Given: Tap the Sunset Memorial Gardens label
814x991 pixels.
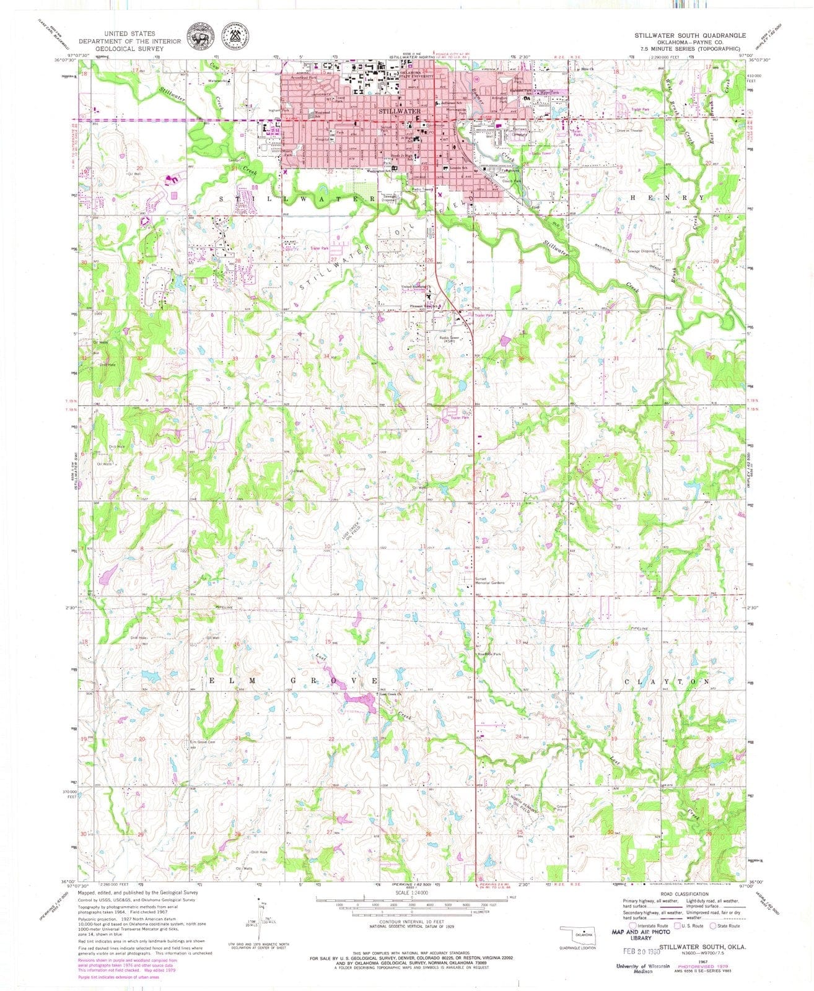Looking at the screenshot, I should [x=490, y=582].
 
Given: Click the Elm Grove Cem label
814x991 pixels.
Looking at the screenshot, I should [x=202, y=742].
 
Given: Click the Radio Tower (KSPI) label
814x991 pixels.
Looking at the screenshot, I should [x=449, y=339].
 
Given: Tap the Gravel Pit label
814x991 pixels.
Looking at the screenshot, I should [x=562, y=808].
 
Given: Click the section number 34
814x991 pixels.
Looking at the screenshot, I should [x=326, y=356].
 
